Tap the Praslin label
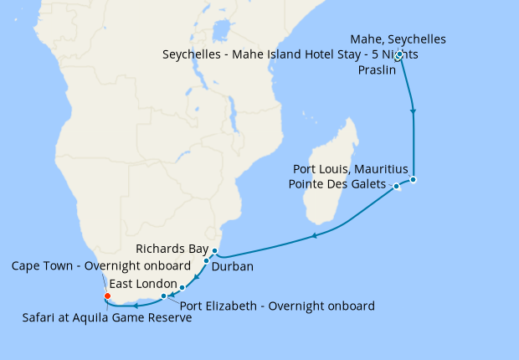click(376, 70)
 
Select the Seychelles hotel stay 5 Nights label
click(290, 54)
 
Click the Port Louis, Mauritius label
click(352, 169)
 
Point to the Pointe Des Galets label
click(337, 184)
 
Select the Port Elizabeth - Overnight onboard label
click(277, 306)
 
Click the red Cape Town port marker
click(107, 296)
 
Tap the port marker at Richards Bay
click(214, 251)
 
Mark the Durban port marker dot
click(206, 261)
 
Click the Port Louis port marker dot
click(413, 179)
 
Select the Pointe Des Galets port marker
click(397, 186)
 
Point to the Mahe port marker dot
click(400, 55)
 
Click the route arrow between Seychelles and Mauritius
click(413, 111)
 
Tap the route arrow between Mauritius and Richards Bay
click(314, 236)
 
